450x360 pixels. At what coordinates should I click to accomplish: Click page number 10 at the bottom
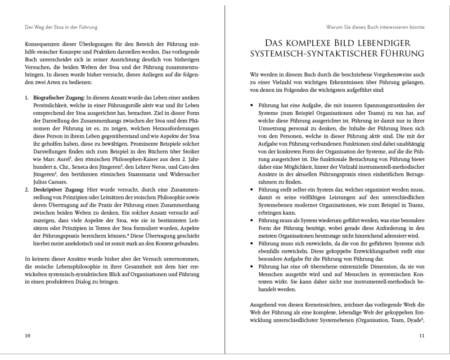point(27,336)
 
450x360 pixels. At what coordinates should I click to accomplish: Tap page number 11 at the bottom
point(422,336)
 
